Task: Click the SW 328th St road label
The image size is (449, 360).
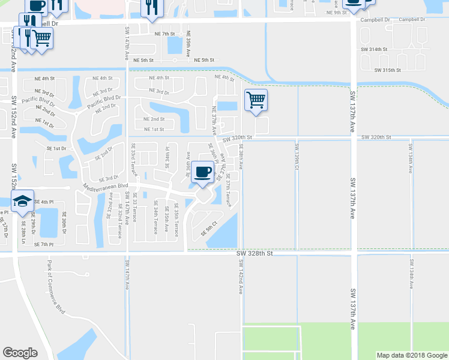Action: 255,254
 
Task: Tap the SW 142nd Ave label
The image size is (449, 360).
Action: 240,277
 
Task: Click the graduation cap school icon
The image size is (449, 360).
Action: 22,200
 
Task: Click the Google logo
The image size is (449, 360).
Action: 20,353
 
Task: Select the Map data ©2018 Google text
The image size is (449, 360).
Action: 412,355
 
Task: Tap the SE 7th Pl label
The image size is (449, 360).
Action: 44,244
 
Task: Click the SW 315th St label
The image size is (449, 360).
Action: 387,70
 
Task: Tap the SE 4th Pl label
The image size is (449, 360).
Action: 44,202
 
